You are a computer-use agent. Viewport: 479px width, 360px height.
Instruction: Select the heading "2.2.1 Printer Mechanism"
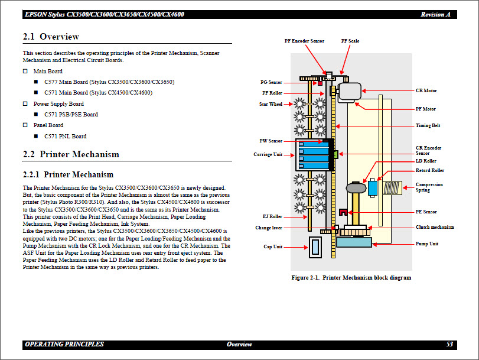(68, 175)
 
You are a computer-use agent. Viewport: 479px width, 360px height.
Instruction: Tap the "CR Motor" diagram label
(426, 91)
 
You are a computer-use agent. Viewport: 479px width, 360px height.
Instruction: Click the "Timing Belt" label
(428, 126)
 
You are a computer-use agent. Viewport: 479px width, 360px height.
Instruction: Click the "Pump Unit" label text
(426, 244)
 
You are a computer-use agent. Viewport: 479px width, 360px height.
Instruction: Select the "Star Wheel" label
(271, 105)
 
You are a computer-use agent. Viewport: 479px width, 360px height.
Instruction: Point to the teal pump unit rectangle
(354, 242)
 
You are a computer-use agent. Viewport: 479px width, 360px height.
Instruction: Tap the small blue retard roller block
(373, 188)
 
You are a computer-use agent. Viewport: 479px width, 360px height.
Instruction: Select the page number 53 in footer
(449, 344)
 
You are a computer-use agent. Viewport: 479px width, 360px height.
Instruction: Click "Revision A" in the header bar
(436, 14)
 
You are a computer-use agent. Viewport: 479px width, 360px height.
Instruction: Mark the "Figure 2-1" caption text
(351, 278)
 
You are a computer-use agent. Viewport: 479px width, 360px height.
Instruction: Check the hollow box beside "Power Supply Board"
(25, 104)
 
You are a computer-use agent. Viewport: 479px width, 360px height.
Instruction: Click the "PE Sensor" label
(426, 212)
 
